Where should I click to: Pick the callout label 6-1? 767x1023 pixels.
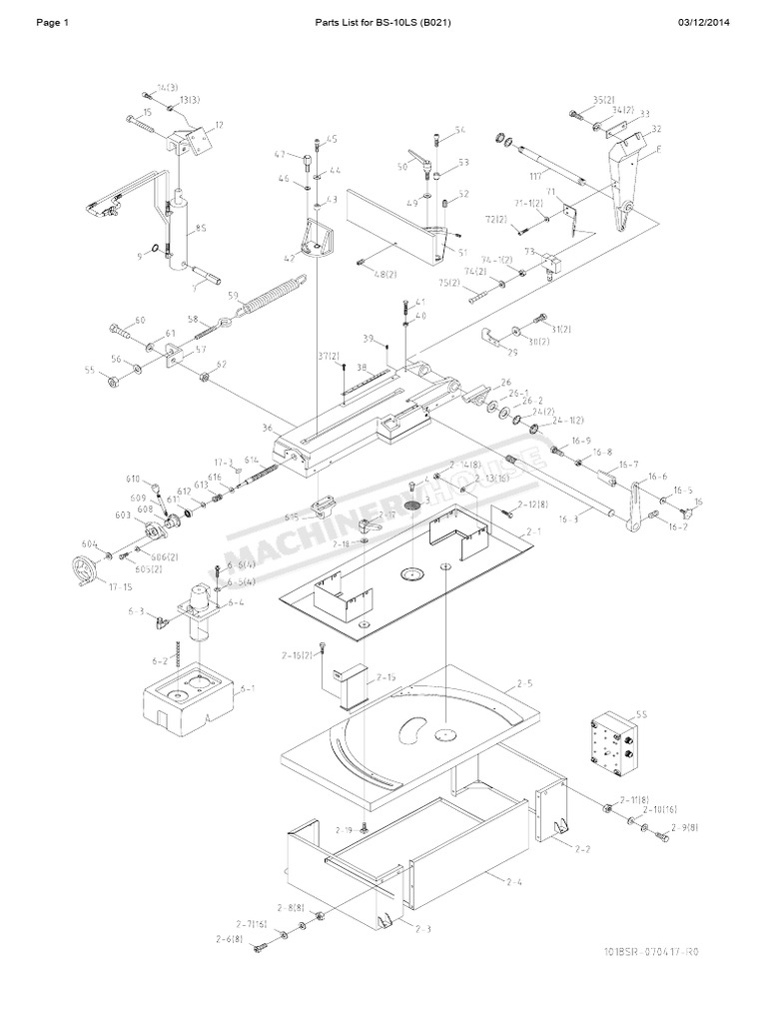click(247, 688)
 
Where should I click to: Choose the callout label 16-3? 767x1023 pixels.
click(568, 519)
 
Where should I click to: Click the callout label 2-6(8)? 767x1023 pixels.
click(228, 940)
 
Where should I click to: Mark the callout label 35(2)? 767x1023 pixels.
click(602, 100)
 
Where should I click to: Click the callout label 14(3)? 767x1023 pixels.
click(167, 89)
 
